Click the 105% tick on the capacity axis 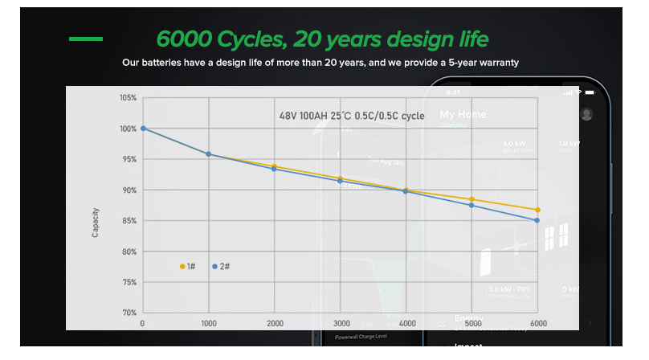coord(128,98)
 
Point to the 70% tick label coord(128,313)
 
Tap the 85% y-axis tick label coord(128,221)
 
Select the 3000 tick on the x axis coord(340,323)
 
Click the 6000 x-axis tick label coord(537,323)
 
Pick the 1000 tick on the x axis coord(208,323)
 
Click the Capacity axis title coord(96,221)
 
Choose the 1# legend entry coord(187,266)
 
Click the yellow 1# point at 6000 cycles coord(537,210)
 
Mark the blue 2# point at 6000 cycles coord(537,220)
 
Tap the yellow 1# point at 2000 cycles coord(275,166)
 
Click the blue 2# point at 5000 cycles coord(471,206)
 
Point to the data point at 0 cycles coord(143,129)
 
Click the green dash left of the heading coord(86,39)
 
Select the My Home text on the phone coord(463,115)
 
